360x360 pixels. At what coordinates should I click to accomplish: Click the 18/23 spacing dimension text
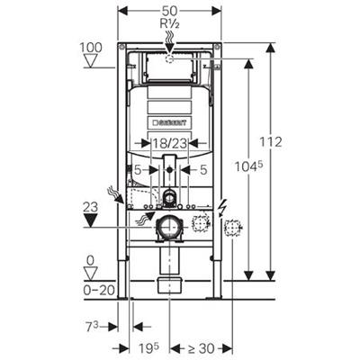click(x=169, y=142)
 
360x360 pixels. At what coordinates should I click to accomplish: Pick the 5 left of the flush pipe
click(x=139, y=168)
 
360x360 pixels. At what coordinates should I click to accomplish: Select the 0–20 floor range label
click(x=91, y=290)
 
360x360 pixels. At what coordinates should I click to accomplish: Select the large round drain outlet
click(x=166, y=229)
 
